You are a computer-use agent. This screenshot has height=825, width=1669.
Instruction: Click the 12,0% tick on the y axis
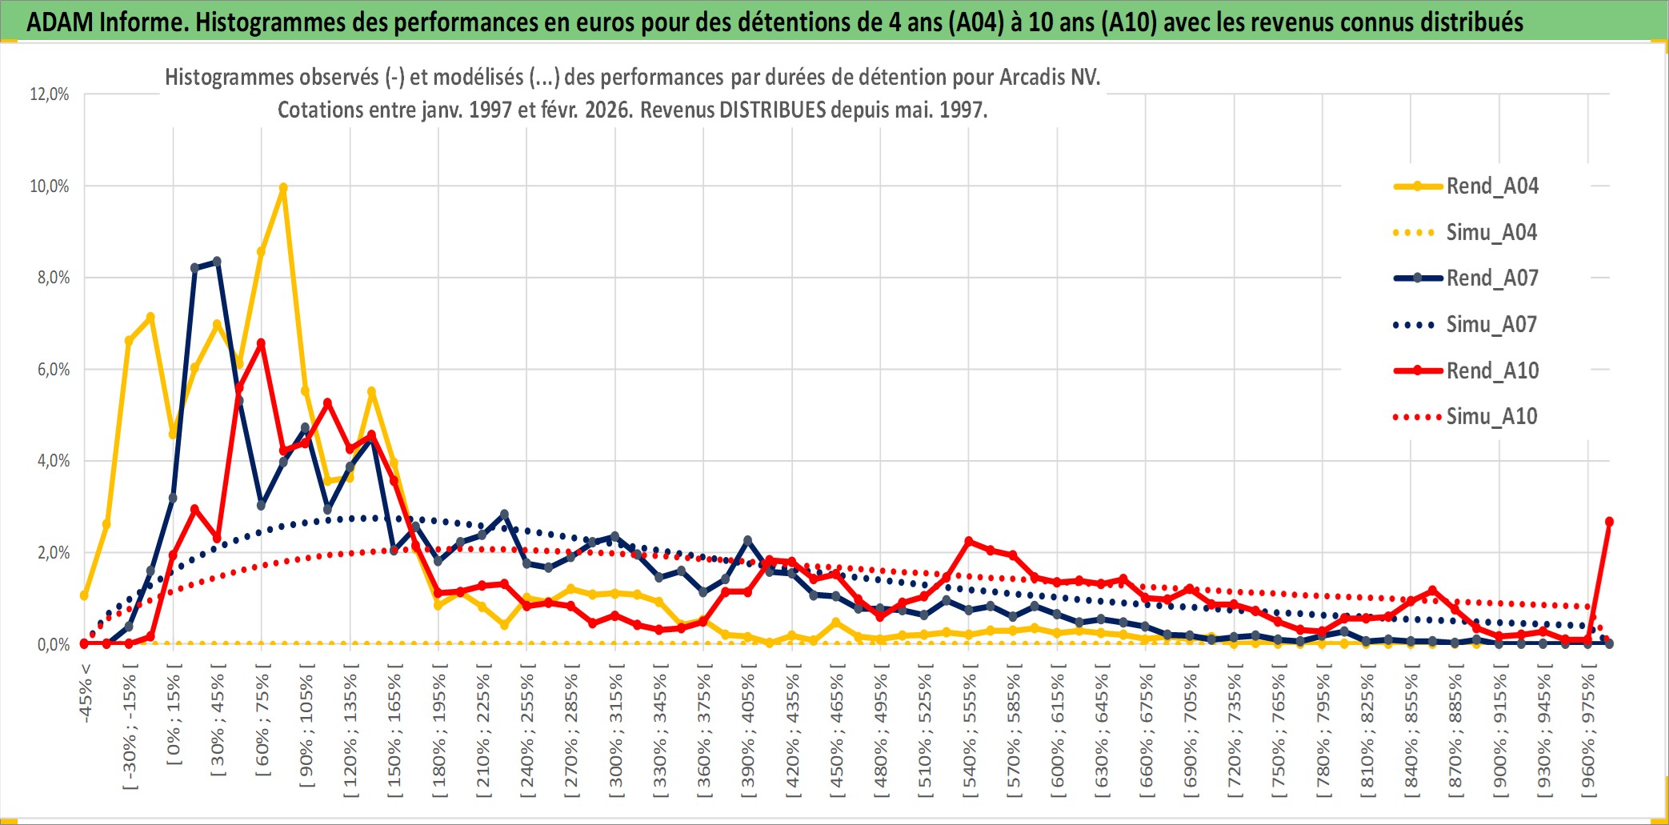tap(50, 94)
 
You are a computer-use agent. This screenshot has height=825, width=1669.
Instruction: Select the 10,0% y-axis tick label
tap(50, 186)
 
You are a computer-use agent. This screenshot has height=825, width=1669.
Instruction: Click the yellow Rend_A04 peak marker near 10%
tap(283, 188)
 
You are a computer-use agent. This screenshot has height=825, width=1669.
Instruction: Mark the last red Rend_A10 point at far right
tap(1609, 522)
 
